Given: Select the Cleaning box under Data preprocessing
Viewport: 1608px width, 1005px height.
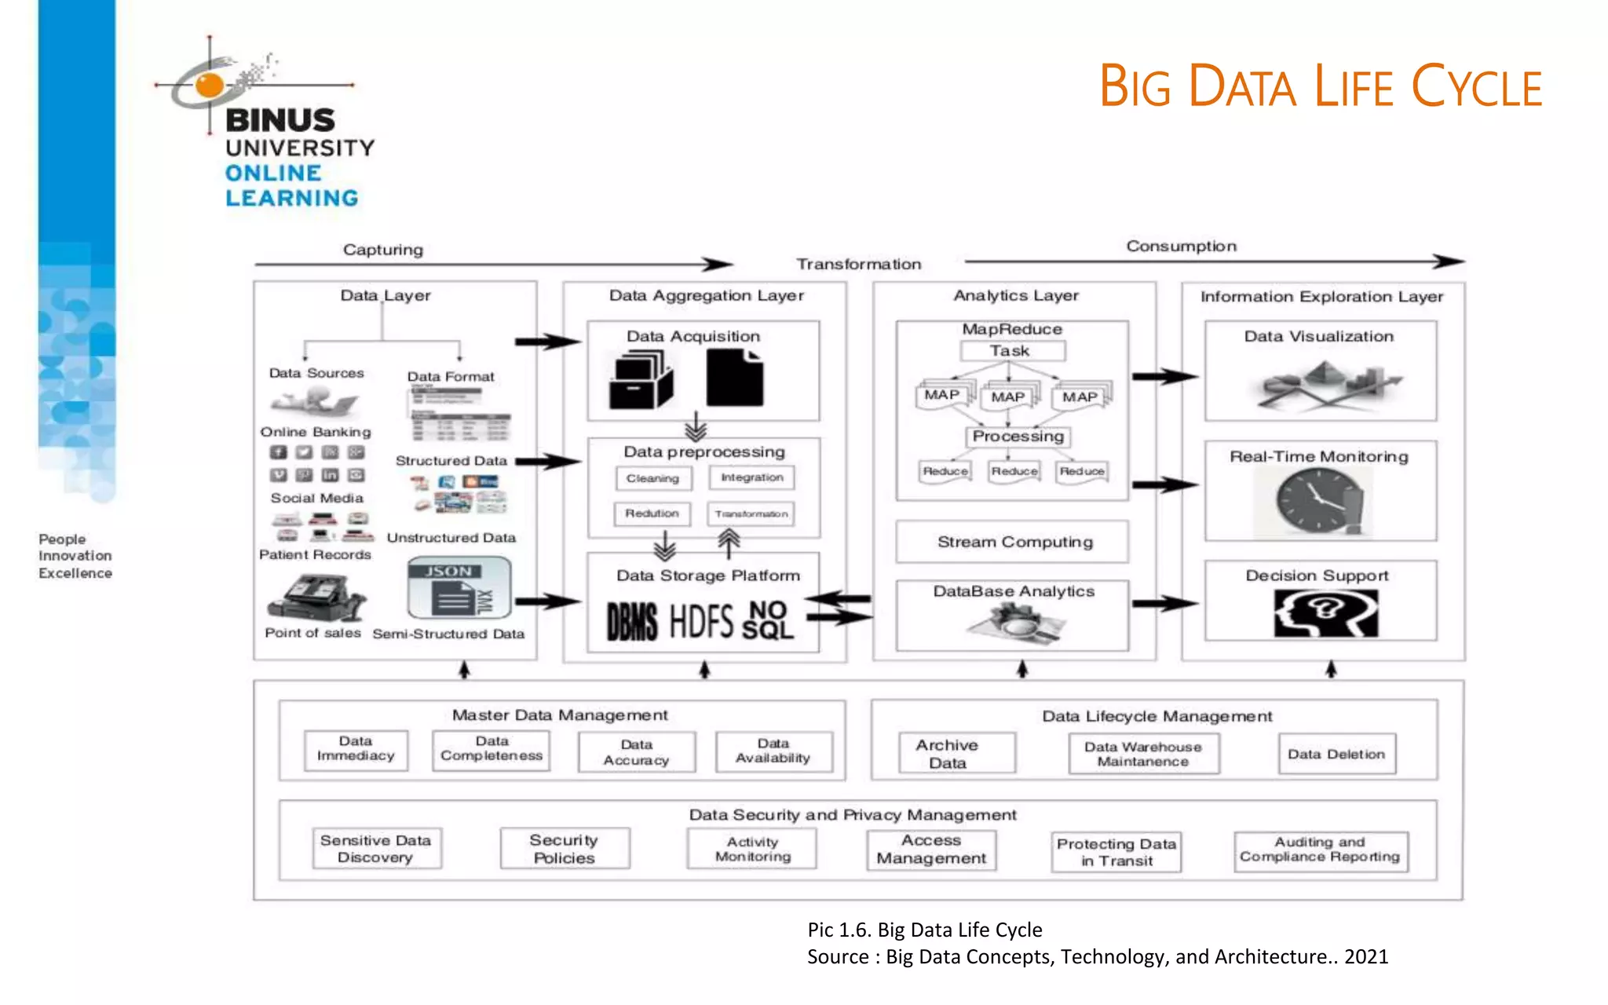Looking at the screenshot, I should (x=653, y=478).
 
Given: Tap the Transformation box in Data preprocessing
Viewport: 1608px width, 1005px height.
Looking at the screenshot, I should (x=751, y=513).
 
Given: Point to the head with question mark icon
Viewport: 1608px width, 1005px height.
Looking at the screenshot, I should (x=1325, y=612).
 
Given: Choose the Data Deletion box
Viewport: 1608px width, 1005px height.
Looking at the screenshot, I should (x=1336, y=754).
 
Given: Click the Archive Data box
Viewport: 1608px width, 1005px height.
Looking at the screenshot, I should (x=948, y=754).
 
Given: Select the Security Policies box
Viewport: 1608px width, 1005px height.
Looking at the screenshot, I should (x=565, y=849).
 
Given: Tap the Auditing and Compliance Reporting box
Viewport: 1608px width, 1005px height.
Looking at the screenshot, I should (x=1321, y=850).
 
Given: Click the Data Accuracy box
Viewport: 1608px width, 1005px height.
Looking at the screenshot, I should (x=637, y=752).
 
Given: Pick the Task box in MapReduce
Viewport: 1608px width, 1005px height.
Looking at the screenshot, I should (x=1011, y=351).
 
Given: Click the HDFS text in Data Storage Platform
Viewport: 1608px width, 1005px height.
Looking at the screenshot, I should (x=701, y=621).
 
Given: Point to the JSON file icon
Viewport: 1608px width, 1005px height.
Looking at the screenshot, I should (x=459, y=589).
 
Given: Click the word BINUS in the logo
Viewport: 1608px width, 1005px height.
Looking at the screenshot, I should (x=280, y=120).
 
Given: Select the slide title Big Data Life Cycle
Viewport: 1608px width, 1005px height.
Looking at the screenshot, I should (x=1320, y=86).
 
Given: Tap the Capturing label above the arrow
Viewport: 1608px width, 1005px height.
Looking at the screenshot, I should (x=383, y=250).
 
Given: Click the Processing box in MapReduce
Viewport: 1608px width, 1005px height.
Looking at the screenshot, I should (x=1018, y=437).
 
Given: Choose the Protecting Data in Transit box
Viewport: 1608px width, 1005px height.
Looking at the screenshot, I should (x=1116, y=852).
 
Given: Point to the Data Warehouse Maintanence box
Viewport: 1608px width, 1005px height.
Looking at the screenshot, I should (x=1143, y=754).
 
